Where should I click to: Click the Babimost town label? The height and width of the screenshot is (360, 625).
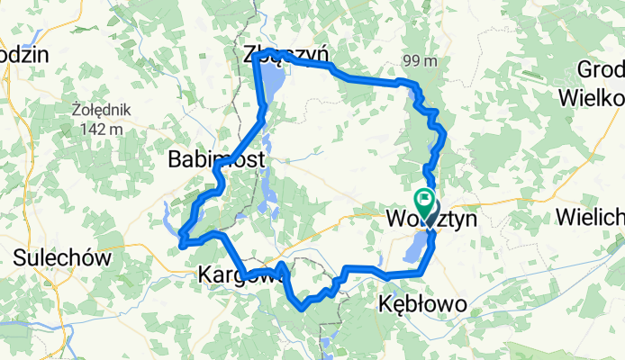tap(216, 160)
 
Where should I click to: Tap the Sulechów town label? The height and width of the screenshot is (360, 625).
tap(62, 258)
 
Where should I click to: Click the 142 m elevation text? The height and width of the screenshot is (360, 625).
tap(101, 129)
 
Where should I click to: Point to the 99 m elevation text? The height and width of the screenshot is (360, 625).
tap(420, 61)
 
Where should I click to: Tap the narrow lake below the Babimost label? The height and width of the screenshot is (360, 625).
tap(268, 189)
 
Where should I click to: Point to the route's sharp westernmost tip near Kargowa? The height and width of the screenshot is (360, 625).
tap(181, 243)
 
